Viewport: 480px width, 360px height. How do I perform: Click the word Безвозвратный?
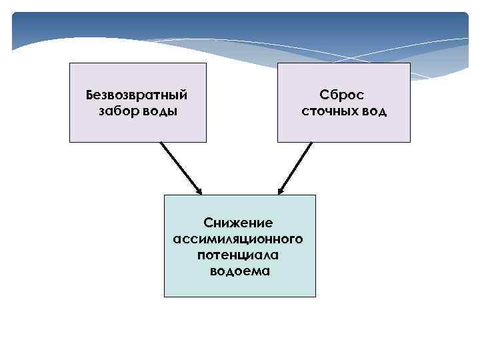[x=137, y=94]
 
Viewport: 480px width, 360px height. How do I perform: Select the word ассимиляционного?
[x=239, y=239]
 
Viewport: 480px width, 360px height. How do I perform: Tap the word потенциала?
[x=239, y=255]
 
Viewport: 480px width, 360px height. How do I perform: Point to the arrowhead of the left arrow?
[x=199, y=190]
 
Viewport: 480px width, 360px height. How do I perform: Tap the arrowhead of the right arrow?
[x=281, y=190]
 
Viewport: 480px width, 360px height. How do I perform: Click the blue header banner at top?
[x=240, y=30]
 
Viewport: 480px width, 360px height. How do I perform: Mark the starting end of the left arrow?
[x=161, y=143]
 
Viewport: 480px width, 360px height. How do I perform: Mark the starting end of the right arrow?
[x=311, y=143]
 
